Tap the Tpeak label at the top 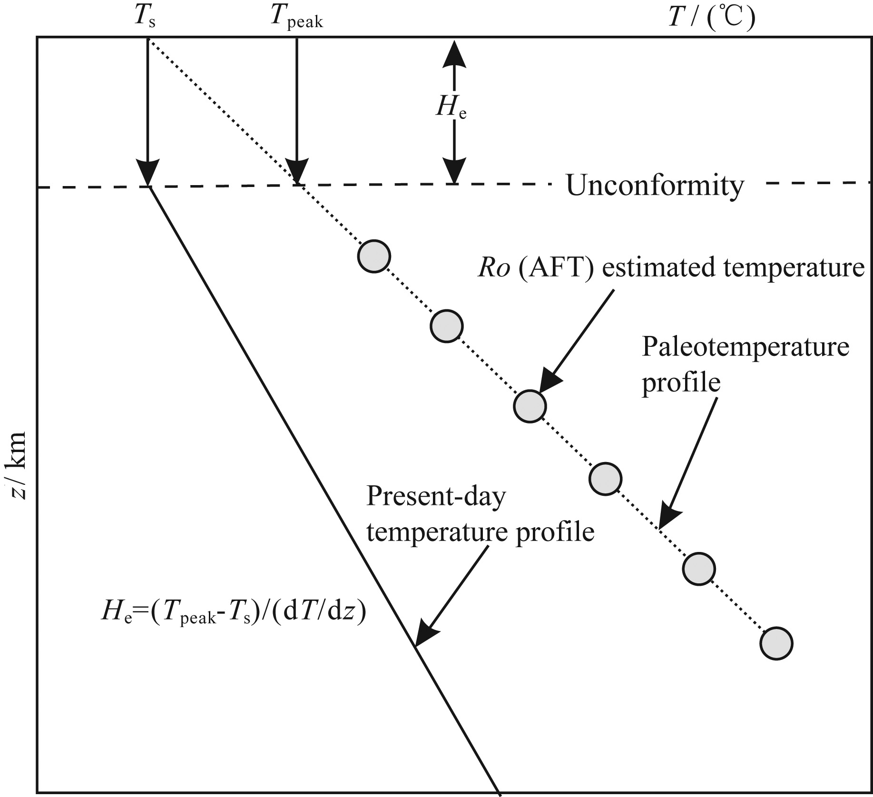[296, 18]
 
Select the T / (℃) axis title [711, 18]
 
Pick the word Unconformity [655, 186]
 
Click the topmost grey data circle [374, 256]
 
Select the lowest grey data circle [776, 643]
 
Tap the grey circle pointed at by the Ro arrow [530, 406]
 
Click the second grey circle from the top [446, 326]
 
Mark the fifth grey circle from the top [698, 568]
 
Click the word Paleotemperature [745, 347]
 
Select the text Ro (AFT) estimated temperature [671, 268]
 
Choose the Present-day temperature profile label [480, 514]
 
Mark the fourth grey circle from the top [605, 479]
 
